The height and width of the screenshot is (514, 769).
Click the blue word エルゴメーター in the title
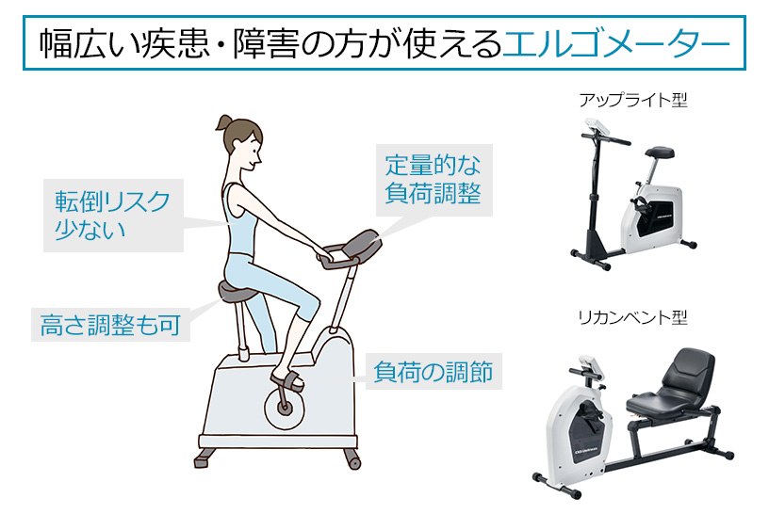coord(616,43)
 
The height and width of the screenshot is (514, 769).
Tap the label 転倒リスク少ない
coord(113,216)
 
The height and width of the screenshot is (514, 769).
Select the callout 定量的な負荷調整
coord(434,180)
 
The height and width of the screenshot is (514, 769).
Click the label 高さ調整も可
coord(110,325)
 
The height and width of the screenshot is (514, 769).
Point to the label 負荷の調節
coord(434,372)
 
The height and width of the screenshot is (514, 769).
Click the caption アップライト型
coord(633,100)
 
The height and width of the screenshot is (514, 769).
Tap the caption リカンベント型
coord(633,317)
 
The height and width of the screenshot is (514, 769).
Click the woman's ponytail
coord(223,122)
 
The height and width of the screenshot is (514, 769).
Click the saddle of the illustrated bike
coord(237,292)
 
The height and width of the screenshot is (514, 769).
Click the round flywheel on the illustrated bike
coord(285,407)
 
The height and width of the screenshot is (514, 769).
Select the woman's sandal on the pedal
coord(287,379)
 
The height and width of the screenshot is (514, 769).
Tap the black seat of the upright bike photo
coord(660,152)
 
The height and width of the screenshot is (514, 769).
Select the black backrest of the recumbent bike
coord(688,372)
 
